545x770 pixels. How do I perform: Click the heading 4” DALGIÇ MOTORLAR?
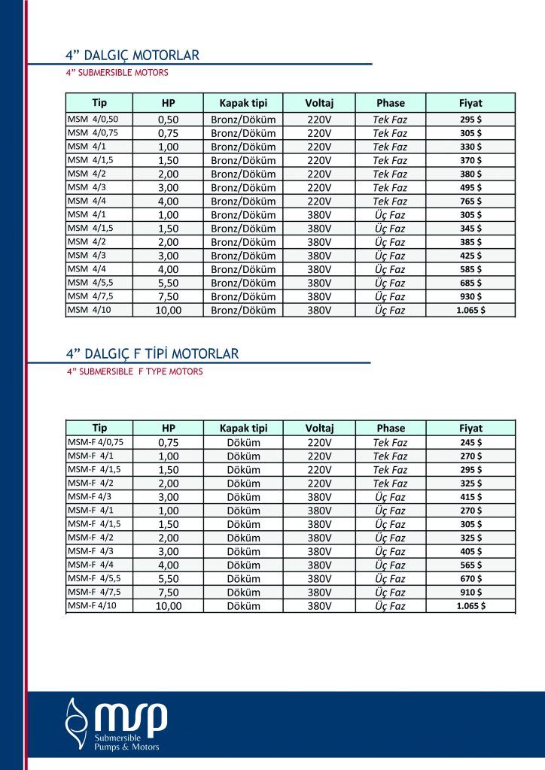(132, 55)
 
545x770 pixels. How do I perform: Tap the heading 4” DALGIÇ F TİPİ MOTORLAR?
(152, 353)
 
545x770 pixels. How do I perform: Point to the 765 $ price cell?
(470, 201)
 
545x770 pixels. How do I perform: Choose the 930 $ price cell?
(470, 296)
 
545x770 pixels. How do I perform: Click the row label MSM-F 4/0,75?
(96, 442)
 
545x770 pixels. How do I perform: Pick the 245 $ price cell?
(470, 442)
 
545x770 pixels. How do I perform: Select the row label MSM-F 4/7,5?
(96, 592)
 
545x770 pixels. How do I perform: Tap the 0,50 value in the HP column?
(168, 120)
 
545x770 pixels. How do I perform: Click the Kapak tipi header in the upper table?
(243, 103)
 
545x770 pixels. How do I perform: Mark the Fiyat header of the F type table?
(470, 428)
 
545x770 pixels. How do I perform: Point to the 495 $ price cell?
(470, 187)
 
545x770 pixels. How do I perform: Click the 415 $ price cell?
(470, 497)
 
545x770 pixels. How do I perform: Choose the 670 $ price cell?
(470, 578)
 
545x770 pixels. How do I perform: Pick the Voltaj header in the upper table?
(319, 103)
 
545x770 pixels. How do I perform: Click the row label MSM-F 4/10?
(93, 605)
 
